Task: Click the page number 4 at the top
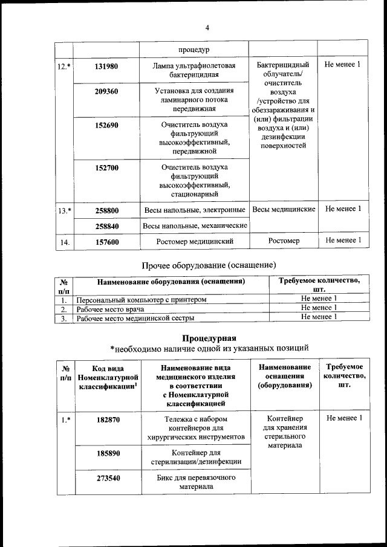(x=207, y=28)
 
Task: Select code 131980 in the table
(x=106, y=66)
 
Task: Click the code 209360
(x=106, y=92)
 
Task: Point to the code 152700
(x=106, y=167)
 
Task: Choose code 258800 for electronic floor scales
(x=106, y=210)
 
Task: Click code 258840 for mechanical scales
(x=106, y=225)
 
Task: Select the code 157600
(x=106, y=241)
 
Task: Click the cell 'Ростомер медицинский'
(x=194, y=241)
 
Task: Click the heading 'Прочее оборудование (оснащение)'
(x=209, y=265)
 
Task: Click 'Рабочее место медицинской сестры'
(x=135, y=317)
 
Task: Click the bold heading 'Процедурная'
(x=209, y=337)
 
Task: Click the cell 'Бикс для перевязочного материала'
(x=194, y=482)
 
